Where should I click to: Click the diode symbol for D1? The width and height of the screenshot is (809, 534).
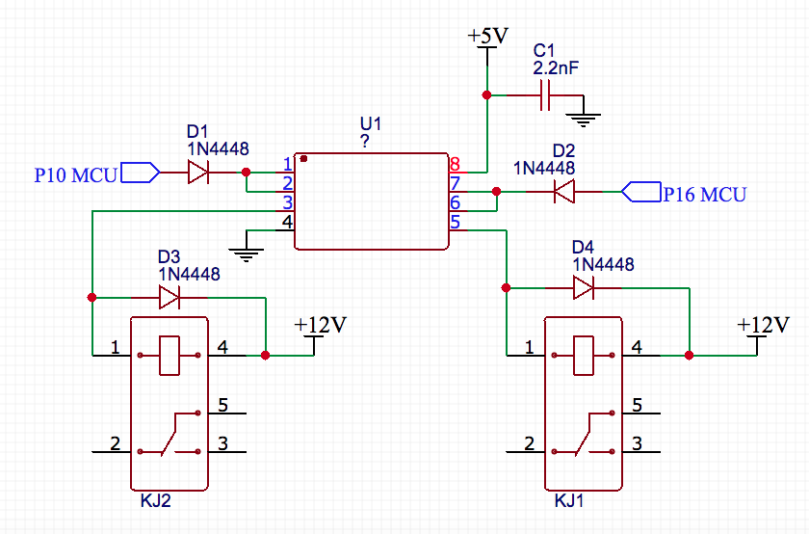click(198, 173)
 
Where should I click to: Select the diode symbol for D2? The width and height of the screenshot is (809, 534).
click(564, 192)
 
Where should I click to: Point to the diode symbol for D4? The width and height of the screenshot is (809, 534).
click(584, 287)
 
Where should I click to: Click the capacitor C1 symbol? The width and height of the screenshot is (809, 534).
click(545, 95)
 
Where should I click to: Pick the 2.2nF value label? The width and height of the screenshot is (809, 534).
click(557, 68)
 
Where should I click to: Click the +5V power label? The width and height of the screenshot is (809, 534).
click(487, 37)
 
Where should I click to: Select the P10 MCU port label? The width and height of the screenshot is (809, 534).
click(75, 174)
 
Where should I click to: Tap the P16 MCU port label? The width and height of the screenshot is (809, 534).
click(704, 194)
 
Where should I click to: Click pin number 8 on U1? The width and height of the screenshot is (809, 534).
click(455, 165)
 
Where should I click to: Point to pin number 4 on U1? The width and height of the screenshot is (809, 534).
click(286, 223)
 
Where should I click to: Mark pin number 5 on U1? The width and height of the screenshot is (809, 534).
click(455, 223)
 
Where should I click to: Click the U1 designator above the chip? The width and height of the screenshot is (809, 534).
click(371, 124)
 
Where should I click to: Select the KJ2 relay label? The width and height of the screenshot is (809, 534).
click(155, 502)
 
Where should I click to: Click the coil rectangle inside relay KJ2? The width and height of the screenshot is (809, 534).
click(170, 355)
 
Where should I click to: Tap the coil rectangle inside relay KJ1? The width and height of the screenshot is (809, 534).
click(584, 355)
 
